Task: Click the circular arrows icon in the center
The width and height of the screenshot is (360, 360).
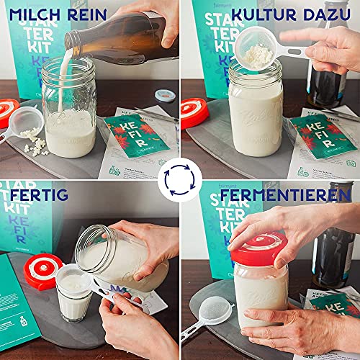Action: (179, 180)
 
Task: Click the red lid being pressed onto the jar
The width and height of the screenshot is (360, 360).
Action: (258, 248)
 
